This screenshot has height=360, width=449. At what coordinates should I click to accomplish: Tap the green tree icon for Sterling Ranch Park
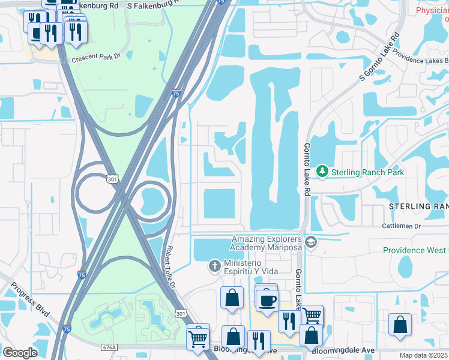point(322,172)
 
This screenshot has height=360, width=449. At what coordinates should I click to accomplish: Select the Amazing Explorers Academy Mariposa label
point(268,244)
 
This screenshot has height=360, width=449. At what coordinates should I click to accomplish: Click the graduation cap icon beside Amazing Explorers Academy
point(310,242)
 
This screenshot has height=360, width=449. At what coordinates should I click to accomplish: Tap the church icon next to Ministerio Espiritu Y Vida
point(214,265)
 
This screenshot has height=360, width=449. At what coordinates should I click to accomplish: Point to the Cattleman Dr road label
point(402,226)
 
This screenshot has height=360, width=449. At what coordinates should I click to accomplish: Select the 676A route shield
point(109,347)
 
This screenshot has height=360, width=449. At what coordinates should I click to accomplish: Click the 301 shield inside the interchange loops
point(112,179)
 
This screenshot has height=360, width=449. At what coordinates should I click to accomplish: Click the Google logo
point(20,353)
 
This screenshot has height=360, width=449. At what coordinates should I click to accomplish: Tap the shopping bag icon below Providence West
point(400,325)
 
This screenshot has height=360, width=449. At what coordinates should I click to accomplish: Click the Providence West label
point(415,250)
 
